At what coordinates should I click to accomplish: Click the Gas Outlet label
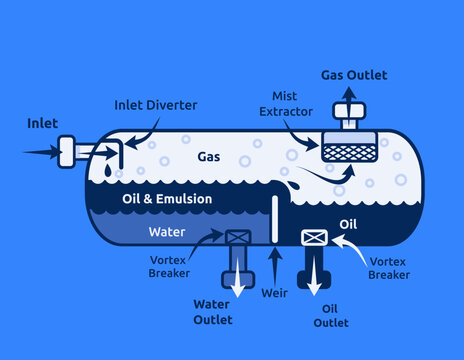tap(354, 75)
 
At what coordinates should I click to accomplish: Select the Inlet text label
tap(42, 123)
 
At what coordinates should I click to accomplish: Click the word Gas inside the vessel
tap(209, 157)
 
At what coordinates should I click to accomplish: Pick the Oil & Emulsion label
tap(167, 199)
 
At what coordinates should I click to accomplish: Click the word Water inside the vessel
tap(166, 232)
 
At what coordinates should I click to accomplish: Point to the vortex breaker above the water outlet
tap(238, 238)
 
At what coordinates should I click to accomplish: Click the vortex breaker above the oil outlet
tap(315, 237)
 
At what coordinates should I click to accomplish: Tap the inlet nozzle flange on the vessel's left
tap(68, 152)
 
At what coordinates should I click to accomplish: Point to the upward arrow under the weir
tap(275, 265)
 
